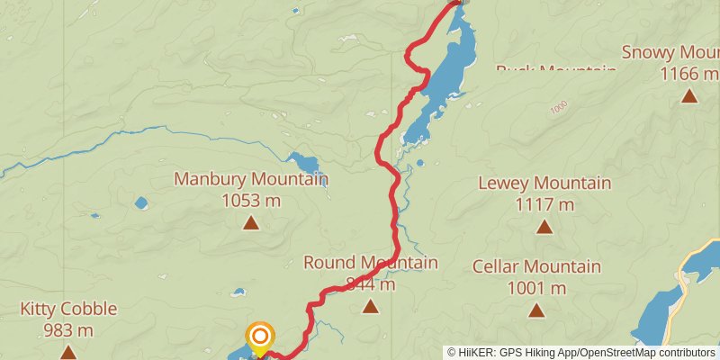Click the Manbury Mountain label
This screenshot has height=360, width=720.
250,179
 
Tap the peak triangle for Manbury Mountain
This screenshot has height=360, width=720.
250,222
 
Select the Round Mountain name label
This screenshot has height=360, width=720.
370,263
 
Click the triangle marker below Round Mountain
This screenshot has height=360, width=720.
370,307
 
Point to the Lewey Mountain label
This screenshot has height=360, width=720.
544,184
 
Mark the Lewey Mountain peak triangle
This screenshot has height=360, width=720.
544,226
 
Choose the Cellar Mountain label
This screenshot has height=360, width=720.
536,266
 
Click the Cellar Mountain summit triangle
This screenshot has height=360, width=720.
536,310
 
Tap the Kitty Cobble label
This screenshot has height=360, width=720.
68,310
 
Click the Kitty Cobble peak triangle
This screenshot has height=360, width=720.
68,351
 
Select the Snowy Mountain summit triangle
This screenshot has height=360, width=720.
688,95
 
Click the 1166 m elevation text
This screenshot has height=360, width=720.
688,73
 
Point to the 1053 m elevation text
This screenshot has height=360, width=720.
250,200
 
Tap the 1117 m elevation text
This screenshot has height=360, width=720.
544,204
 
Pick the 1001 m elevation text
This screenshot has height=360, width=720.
536,288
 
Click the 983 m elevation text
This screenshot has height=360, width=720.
68,330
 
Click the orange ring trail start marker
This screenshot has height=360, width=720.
260,337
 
